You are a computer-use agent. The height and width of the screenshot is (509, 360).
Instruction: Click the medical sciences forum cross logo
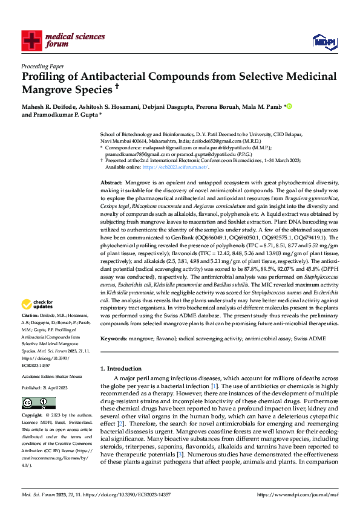point(31,40)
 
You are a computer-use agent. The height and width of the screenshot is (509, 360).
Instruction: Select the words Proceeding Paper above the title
point(42,66)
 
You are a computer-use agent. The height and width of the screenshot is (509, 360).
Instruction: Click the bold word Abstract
point(111,183)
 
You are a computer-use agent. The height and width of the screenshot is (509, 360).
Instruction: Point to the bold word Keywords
point(113,339)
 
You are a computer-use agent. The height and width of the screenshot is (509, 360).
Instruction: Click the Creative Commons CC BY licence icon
point(34,403)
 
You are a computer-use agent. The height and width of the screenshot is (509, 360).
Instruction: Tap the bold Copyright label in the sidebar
point(32,417)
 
